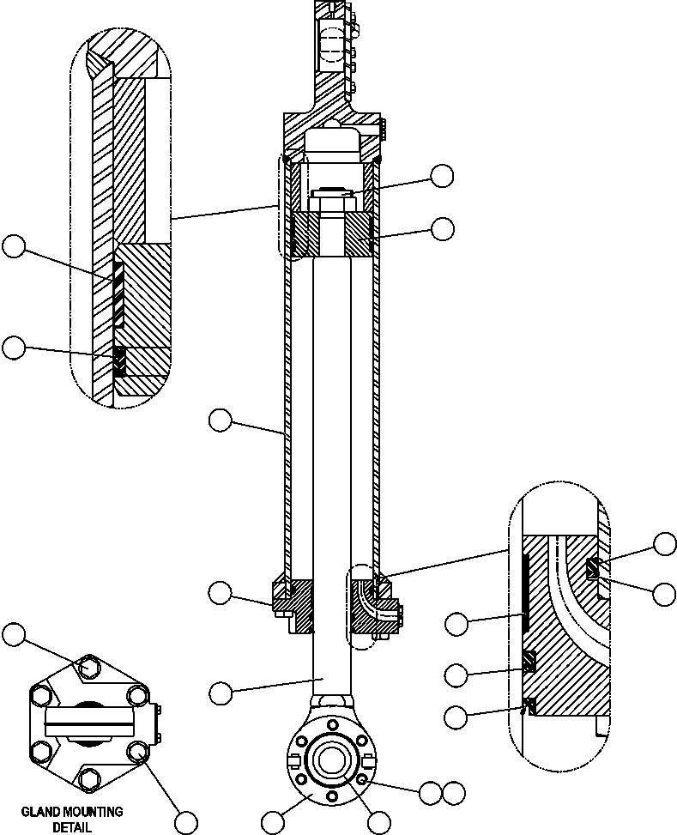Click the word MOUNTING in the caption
tap(91, 811)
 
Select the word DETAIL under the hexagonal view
tap(72, 828)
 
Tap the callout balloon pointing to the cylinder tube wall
tap(221, 420)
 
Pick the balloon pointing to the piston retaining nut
tap(442, 176)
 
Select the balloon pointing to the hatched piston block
tap(442, 228)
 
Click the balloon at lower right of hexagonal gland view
tap(185, 821)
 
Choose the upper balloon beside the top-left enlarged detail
tap(14, 247)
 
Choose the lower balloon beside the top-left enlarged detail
tap(14, 347)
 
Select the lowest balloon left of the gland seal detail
tap(457, 716)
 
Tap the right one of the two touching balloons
tap(453, 792)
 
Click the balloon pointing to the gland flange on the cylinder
tap(221, 591)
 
